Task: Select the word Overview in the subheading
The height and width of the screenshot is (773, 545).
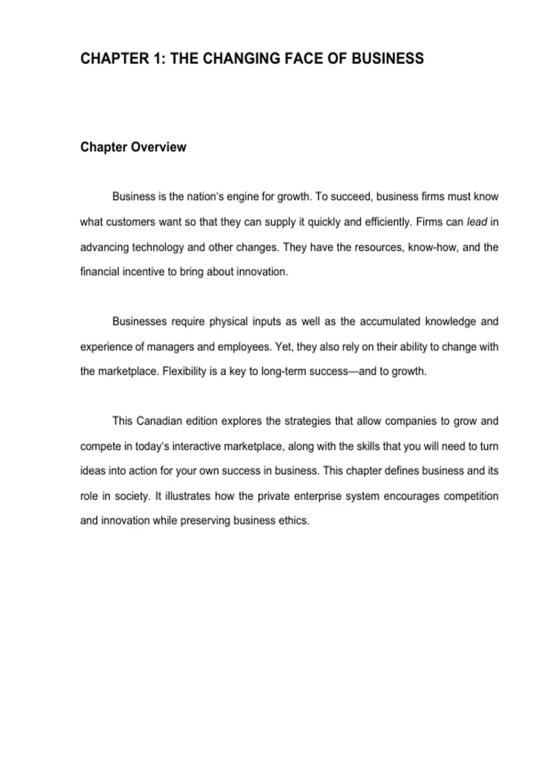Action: point(159,147)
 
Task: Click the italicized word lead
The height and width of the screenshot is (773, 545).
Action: point(476,222)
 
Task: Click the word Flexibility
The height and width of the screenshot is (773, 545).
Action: point(184,371)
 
